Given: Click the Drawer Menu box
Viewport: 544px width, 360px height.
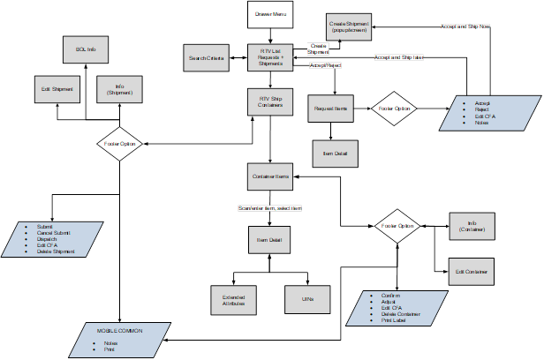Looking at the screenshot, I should coord(268,15).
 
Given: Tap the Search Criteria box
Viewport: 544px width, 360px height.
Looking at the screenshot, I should coord(206,59).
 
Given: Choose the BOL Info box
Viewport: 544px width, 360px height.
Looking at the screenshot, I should coord(86,50).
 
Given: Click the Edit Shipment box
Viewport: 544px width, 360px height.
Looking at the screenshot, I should coord(57,89).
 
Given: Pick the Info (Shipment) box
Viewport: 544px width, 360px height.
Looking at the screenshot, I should coord(119,89).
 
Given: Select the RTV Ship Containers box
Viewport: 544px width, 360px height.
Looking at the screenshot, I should coord(269,101).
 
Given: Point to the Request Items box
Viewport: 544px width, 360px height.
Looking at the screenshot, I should coord(331,109).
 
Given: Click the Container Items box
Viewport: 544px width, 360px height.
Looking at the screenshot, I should coord(269,177).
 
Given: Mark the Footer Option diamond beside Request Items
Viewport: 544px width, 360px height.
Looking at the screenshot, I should coord(395,109).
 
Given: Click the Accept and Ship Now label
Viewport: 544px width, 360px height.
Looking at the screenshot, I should coord(465,26).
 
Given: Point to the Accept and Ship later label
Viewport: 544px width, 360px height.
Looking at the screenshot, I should coord(399,57).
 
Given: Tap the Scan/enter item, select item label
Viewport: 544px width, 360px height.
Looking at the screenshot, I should coord(269,208).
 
